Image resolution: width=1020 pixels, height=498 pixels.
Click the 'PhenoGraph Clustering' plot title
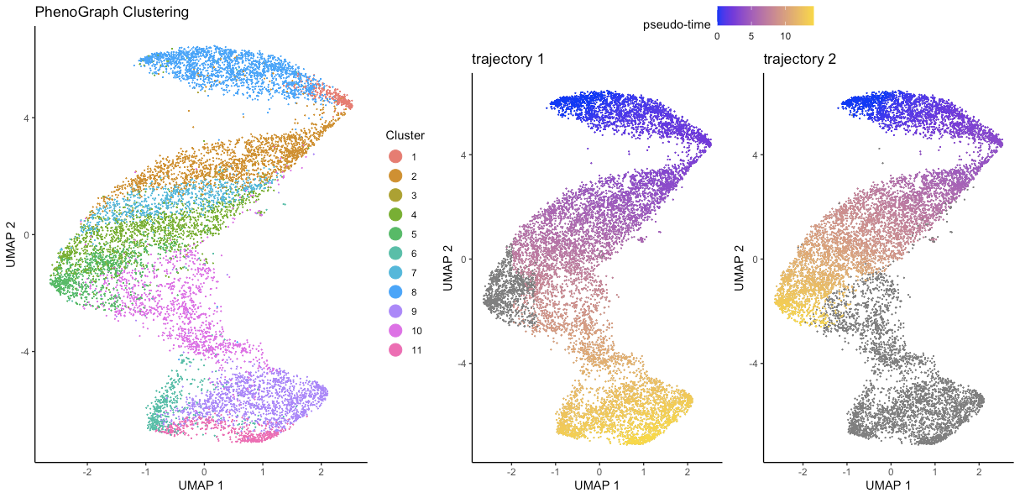point(112,13)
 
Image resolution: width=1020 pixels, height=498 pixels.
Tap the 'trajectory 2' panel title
point(799,60)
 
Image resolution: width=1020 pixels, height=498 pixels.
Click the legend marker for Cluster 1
point(395,156)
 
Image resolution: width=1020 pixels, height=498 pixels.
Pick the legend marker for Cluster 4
point(395,214)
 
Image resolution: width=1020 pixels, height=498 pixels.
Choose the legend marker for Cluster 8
point(395,291)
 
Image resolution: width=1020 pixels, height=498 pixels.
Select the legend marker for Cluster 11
point(395,349)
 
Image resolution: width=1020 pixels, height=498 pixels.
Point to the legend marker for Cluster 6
point(395,253)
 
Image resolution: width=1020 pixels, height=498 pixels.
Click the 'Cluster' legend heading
point(405,135)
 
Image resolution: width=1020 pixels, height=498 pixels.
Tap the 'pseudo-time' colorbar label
point(677,24)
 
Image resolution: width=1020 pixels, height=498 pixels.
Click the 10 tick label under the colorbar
point(784,37)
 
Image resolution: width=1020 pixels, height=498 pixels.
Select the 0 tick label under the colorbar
point(717,37)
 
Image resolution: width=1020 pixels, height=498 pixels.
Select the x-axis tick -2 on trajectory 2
point(803,471)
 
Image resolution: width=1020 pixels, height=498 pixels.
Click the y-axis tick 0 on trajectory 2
point(755,259)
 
